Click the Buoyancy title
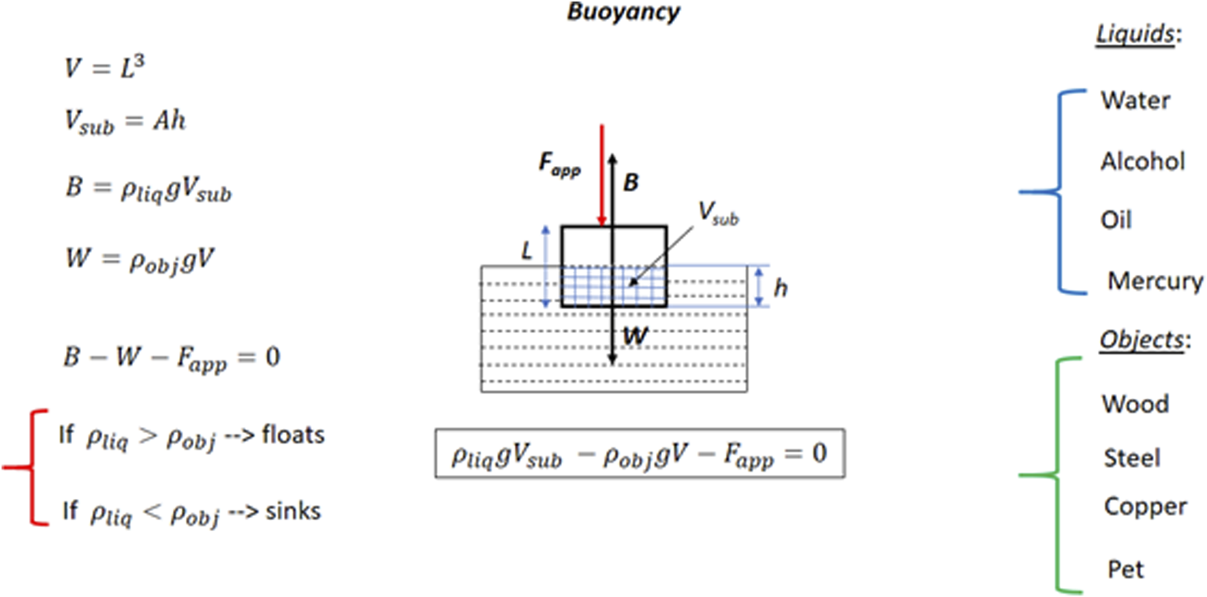coord(623,12)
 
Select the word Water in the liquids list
coord(1135,101)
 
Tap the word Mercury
coord(1155,280)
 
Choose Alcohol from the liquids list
coord(1143,161)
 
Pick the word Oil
coord(1116,220)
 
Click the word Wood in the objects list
coord(1135,404)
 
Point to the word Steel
coord(1131,457)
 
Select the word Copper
coord(1145,506)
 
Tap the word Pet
coord(1125,569)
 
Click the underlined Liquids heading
coord(1135,34)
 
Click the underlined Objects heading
coord(1142,339)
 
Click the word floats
coord(293,434)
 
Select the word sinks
coord(293,511)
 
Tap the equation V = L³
coord(104,67)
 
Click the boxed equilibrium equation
coord(640,454)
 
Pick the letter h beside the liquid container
coord(781,288)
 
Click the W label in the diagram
coord(635,336)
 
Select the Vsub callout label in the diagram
coord(718,213)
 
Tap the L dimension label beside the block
coord(527,252)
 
